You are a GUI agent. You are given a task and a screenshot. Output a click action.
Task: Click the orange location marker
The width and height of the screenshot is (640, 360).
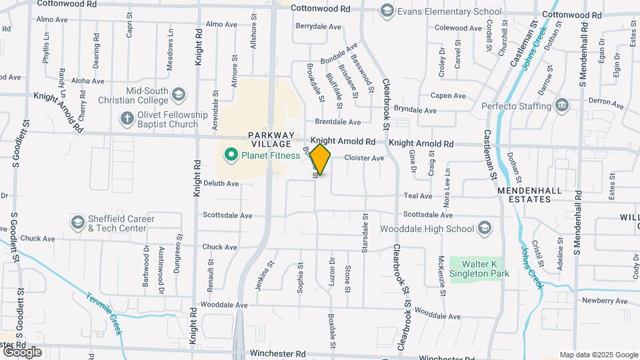[x=321, y=159]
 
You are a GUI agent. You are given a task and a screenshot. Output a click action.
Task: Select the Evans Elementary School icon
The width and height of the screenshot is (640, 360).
[x=387, y=11]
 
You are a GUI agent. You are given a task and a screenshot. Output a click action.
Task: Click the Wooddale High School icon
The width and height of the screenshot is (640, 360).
[x=485, y=229]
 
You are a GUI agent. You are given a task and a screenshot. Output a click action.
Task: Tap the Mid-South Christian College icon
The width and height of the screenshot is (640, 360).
[x=179, y=95]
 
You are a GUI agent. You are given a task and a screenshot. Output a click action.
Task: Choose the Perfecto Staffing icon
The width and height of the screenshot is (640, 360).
[x=562, y=105]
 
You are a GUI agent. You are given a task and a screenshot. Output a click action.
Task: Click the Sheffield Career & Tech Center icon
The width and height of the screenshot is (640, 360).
[x=78, y=223]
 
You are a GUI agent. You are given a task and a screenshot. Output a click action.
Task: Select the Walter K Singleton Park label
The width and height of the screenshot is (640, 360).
[x=479, y=267]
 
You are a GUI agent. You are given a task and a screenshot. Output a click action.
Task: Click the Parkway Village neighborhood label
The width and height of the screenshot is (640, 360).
[x=270, y=139]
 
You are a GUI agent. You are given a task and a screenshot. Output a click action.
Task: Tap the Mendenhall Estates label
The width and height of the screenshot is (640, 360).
[x=530, y=190]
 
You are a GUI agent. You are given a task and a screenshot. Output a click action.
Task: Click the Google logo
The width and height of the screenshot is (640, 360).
[x=21, y=351]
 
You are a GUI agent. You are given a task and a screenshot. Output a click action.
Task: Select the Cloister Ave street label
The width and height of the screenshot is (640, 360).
[x=364, y=158]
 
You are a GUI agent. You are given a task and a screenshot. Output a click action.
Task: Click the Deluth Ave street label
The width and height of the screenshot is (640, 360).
[x=221, y=183]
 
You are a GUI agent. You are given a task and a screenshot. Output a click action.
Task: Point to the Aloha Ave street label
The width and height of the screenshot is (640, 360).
[x=89, y=81]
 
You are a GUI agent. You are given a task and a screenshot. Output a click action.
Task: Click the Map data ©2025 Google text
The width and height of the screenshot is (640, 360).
[x=598, y=355]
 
